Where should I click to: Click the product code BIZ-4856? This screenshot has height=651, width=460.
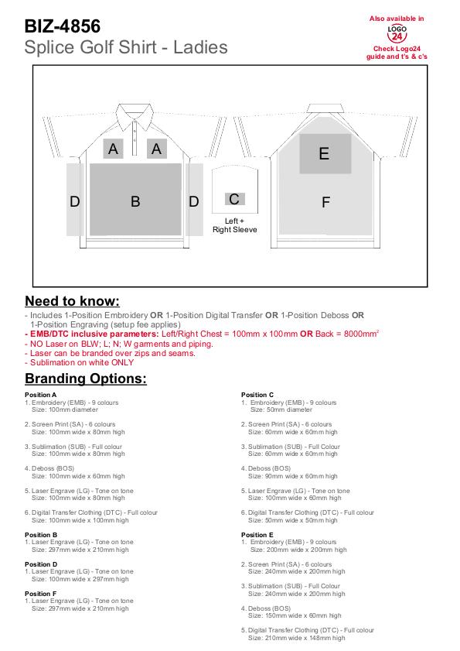click(62, 26)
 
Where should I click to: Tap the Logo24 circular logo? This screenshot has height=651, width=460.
click(397, 33)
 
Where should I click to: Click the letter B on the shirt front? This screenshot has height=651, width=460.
click(135, 201)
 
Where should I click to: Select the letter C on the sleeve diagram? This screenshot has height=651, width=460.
click(234, 199)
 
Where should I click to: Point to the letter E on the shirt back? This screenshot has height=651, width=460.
click(324, 153)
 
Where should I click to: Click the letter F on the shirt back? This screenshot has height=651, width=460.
click(325, 202)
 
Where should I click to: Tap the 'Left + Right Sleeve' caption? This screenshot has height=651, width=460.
click(235, 225)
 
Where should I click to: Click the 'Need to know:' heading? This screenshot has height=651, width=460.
click(72, 301)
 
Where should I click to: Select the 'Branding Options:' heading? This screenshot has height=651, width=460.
click(86, 379)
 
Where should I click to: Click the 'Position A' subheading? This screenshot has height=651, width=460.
click(41, 395)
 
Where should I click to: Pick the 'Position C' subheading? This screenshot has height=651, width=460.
click(257, 395)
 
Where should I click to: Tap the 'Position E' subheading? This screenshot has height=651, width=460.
click(257, 535)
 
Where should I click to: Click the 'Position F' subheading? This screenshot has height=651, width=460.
click(41, 594)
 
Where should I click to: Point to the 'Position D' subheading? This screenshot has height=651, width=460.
click(41, 564)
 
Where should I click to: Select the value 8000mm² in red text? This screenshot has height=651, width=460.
click(361, 334)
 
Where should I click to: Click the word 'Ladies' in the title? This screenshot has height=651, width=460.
click(200, 47)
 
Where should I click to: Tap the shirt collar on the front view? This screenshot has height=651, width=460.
click(135, 116)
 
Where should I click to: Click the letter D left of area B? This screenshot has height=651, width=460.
click(75, 202)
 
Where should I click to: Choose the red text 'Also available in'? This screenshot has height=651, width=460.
click(397, 19)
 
